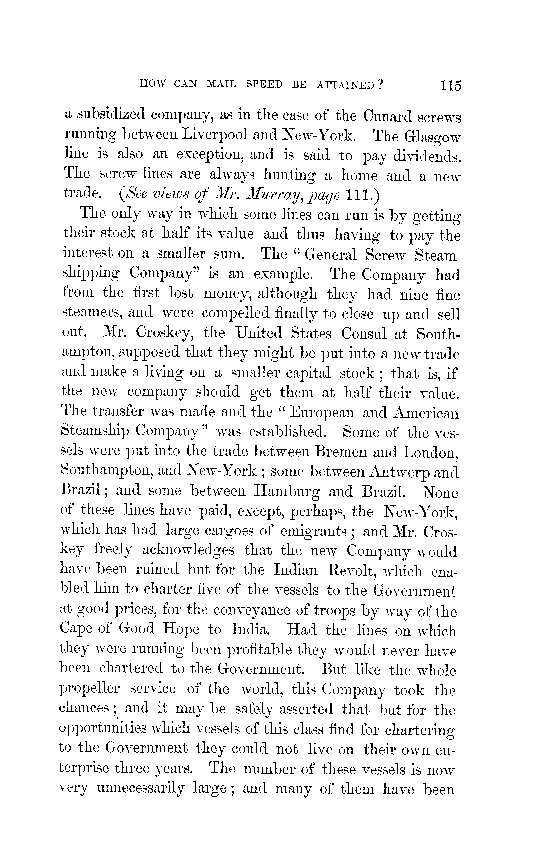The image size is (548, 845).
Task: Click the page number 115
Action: coord(451,86)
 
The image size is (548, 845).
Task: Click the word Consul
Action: coord(364,333)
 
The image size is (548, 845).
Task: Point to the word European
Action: coord(322,413)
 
